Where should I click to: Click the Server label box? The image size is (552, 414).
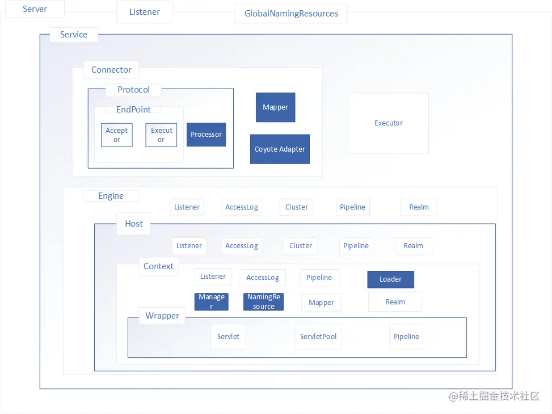coord(35,9)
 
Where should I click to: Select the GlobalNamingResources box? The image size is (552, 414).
coord(291,14)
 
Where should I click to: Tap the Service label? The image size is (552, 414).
coord(74,35)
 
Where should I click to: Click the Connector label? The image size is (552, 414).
coord(111,70)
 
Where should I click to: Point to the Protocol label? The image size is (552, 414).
coord(133,90)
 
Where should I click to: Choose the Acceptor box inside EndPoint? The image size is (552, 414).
coord(116,135)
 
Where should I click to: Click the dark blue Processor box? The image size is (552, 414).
coord(206,134)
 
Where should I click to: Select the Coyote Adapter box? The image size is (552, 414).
coord(280,149)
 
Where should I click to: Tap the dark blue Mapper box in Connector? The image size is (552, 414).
coord(275,107)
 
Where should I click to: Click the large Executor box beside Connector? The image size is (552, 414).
coord(388,123)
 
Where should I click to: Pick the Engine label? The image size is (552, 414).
coord(111,196)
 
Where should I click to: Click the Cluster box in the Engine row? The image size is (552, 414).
coord(296,207)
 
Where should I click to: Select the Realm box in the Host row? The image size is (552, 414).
coord(414,246)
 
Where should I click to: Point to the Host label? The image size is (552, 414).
coord(134,224)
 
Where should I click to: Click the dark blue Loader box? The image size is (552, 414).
coord(390,279)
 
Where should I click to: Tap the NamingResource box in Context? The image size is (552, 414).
coord(263,302)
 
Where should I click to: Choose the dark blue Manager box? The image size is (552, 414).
coord(211,302)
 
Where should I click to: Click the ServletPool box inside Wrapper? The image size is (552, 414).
coord(318,337)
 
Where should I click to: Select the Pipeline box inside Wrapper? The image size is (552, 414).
coord(406,337)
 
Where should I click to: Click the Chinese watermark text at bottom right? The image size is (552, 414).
coord(494,396)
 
